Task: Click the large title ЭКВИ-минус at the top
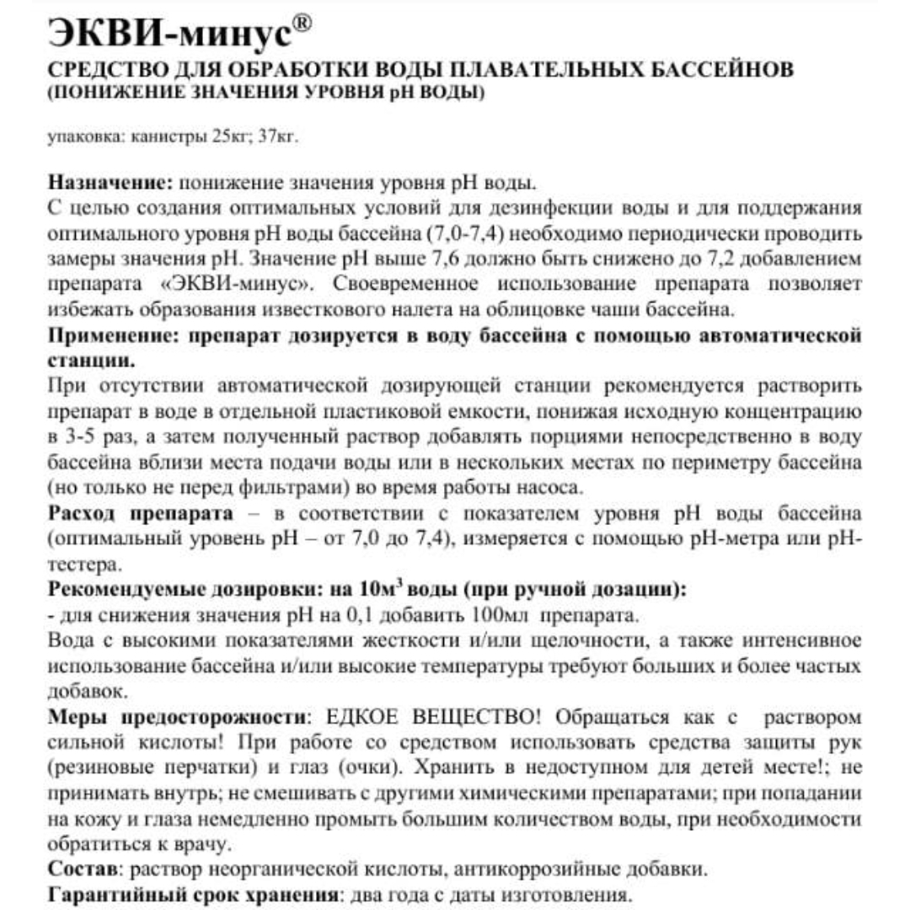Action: click(169, 36)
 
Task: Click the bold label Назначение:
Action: click(110, 183)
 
